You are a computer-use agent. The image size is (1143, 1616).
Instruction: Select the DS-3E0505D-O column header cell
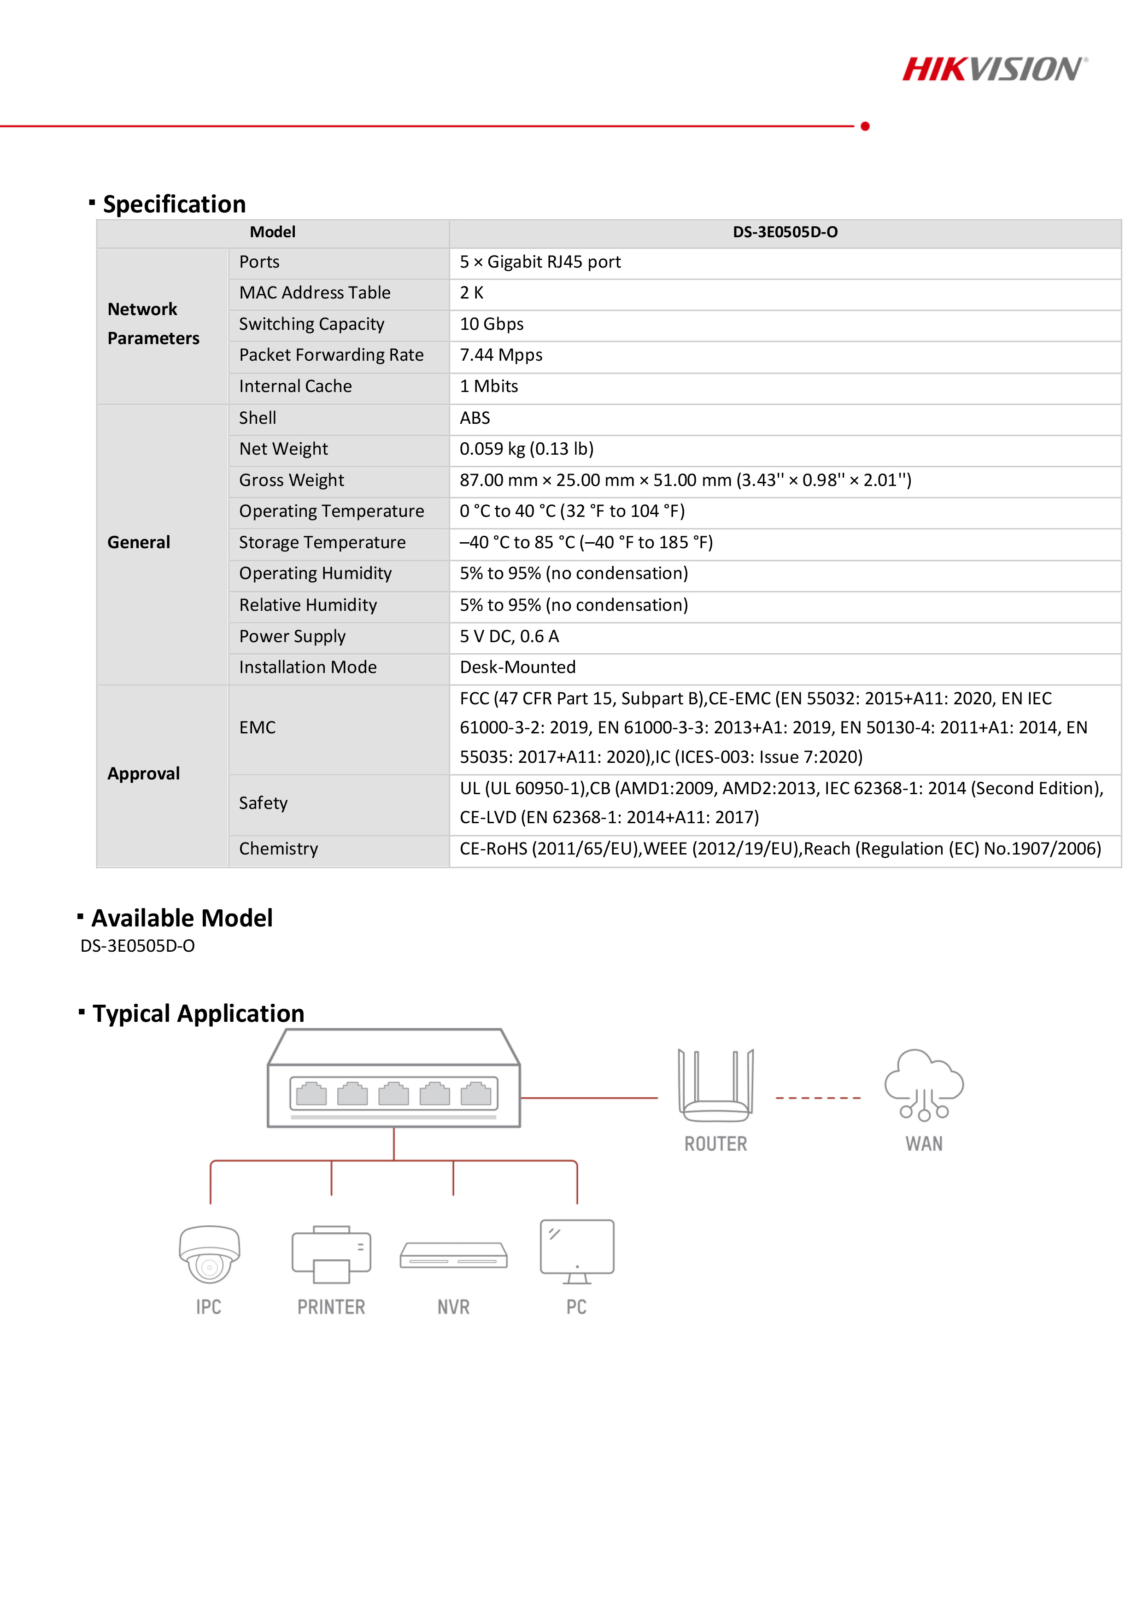coord(785,232)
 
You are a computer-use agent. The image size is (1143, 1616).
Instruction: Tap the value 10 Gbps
coord(491,324)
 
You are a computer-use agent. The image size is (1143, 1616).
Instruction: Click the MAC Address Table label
coord(315,293)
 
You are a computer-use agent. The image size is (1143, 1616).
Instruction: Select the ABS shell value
coord(475,418)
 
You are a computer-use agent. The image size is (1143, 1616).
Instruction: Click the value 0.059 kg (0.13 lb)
coord(527,449)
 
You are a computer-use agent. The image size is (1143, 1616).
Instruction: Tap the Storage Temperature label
coord(322,543)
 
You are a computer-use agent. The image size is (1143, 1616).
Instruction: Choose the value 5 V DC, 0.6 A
coord(509,636)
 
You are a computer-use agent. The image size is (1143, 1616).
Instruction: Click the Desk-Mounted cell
coord(517,667)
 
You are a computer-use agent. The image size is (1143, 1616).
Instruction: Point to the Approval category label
coord(144,773)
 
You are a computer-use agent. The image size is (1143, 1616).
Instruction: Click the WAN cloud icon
coord(923,1084)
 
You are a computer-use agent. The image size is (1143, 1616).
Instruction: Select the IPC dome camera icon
coord(209,1254)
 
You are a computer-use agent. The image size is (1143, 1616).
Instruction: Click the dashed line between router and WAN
coord(818,1098)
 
